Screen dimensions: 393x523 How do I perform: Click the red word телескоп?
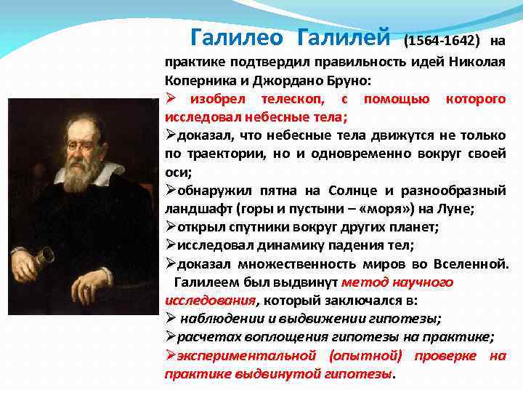tap(288, 98)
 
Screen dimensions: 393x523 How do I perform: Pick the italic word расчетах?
tap(208, 337)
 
